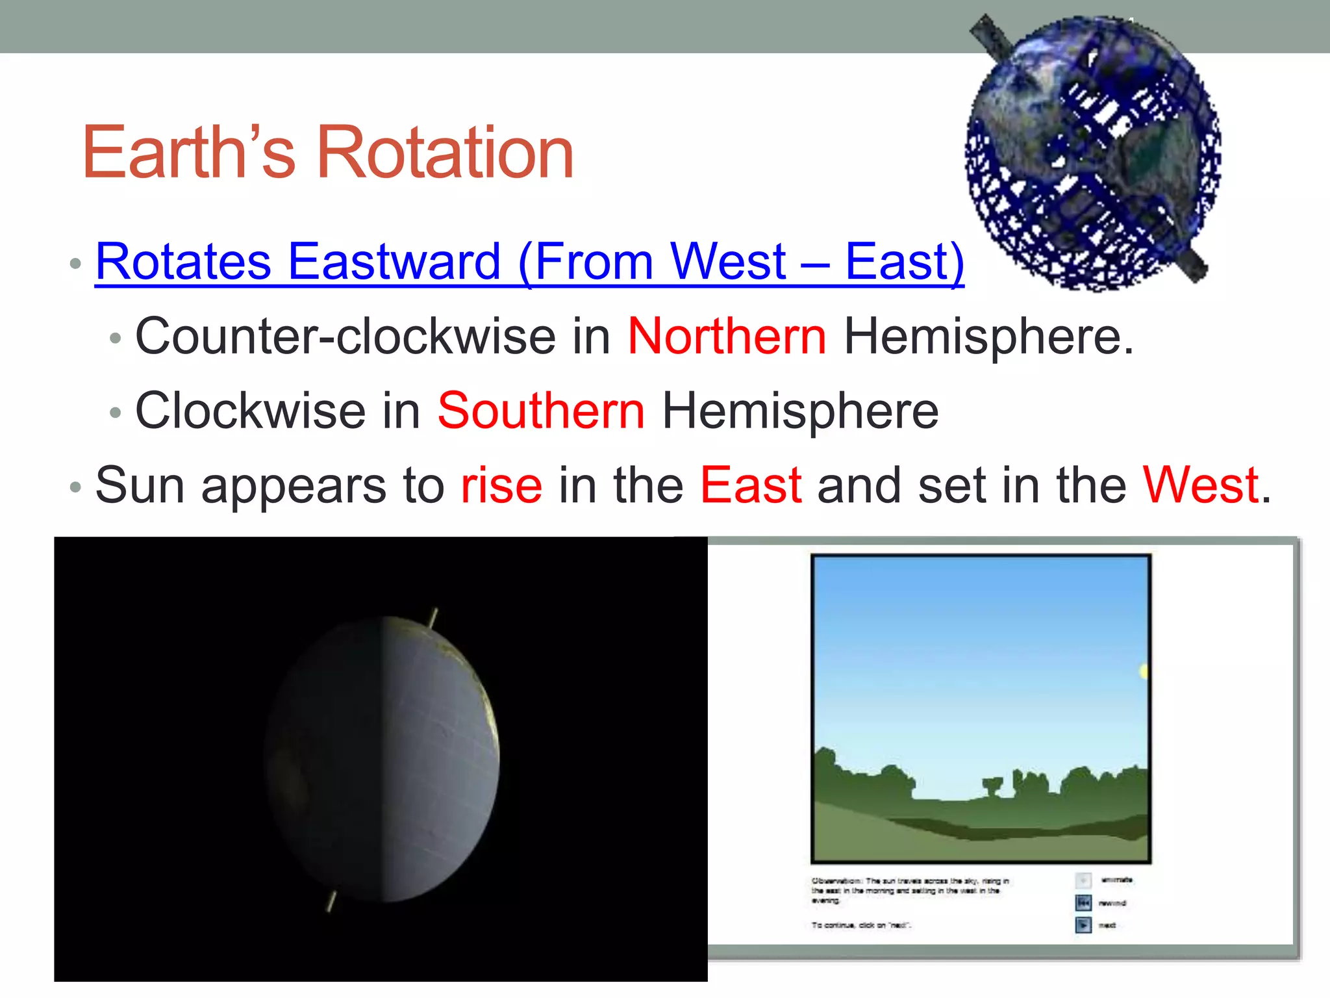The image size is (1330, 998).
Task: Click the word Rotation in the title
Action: pos(445,153)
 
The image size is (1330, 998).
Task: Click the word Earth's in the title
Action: pos(188,153)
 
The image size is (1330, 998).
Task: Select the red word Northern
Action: pos(727,337)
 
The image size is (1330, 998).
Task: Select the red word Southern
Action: pos(541,411)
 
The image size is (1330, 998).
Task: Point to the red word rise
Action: pos(501,486)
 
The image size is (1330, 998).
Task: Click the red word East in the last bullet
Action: pos(751,486)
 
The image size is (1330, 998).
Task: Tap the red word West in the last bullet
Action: pos(1201,486)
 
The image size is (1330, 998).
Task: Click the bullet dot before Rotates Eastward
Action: pos(75,264)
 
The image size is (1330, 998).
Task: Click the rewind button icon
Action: pos(1083,902)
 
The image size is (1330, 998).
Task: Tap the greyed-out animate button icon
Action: pos(1083,880)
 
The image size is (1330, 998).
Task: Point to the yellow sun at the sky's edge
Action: pos(1144,671)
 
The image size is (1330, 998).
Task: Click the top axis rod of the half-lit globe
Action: pos(433,617)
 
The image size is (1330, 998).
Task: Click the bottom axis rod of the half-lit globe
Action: pos(331,901)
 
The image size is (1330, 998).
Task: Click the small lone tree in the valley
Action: pos(992,787)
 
